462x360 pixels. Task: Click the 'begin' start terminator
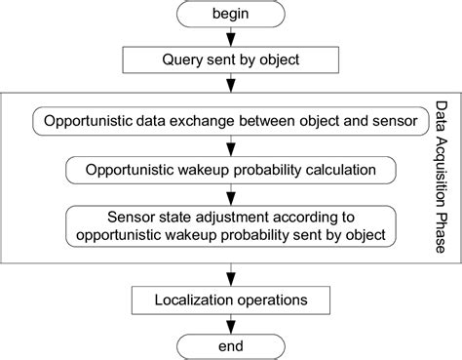(231, 15)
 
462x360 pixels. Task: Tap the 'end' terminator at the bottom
(231, 344)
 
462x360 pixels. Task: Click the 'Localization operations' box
(231, 299)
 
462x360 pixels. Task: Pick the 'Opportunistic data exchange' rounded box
(231, 123)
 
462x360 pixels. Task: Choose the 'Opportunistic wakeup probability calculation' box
(231, 169)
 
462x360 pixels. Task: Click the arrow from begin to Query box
(231, 38)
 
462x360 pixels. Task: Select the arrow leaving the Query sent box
(231, 84)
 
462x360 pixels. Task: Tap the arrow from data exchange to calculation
(231, 146)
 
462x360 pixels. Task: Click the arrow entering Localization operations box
(231, 273)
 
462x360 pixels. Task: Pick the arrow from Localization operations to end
(231, 321)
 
